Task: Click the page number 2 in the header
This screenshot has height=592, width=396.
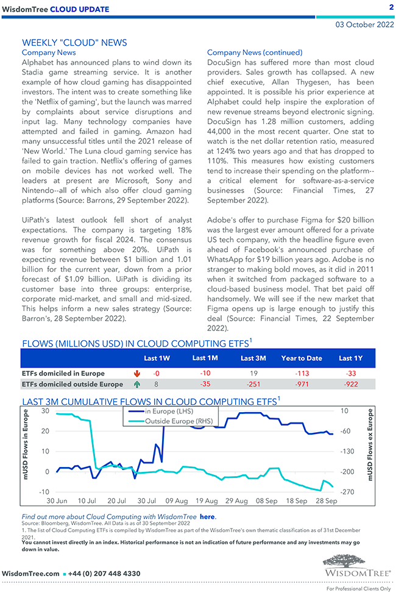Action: [391, 7]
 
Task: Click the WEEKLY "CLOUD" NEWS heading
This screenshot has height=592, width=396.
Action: [74, 43]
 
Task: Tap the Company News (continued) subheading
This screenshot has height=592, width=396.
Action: [255, 52]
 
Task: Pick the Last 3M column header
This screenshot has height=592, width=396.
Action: [253, 358]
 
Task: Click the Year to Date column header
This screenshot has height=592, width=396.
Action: [301, 358]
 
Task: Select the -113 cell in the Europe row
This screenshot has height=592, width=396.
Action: [301, 373]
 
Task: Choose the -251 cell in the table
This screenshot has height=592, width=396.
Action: [253, 384]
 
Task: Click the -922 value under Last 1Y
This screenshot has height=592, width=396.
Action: [350, 384]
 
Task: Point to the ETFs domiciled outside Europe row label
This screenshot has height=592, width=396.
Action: [72, 384]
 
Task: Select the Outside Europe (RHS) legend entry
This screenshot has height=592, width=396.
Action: [174, 421]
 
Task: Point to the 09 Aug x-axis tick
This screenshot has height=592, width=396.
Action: [177, 501]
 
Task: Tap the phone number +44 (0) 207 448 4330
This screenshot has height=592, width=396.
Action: [104, 574]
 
